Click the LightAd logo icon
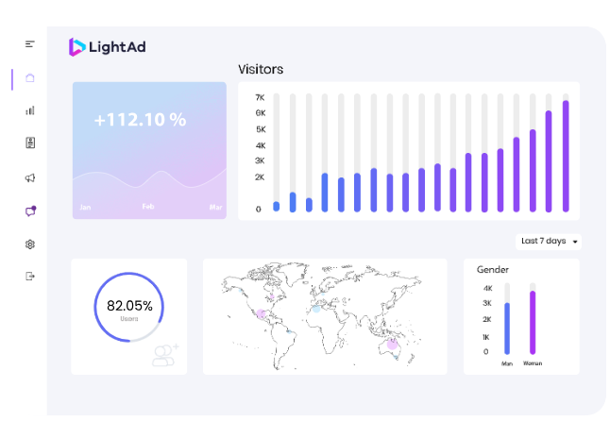pyautogui.click(x=76, y=46)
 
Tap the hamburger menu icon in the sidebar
pyautogui.click(x=30, y=44)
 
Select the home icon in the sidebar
pyautogui.click(x=30, y=78)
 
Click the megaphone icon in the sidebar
pyautogui.click(x=30, y=177)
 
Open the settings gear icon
pyautogui.click(x=30, y=244)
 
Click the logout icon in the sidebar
pyautogui.click(x=30, y=277)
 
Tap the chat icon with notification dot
pyautogui.click(x=30, y=210)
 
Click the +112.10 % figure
pyautogui.click(x=140, y=120)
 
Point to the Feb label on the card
pyautogui.click(x=148, y=207)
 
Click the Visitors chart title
pyautogui.click(x=261, y=69)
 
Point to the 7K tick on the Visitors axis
pyautogui.click(x=260, y=97)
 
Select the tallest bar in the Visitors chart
pyautogui.click(x=566, y=156)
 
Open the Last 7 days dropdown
pyautogui.click(x=549, y=241)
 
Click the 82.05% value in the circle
pyautogui.click(x=129, y=305)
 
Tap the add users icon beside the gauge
pyautogui.click(x=166, y=354)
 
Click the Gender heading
pyautogui.click(x=493, y=270)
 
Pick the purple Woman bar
pyautogui.click(x=533, y=322)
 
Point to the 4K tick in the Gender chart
pyautogui.click(x=487, y=288)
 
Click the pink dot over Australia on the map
pyautogui.click(x=393, y=344)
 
